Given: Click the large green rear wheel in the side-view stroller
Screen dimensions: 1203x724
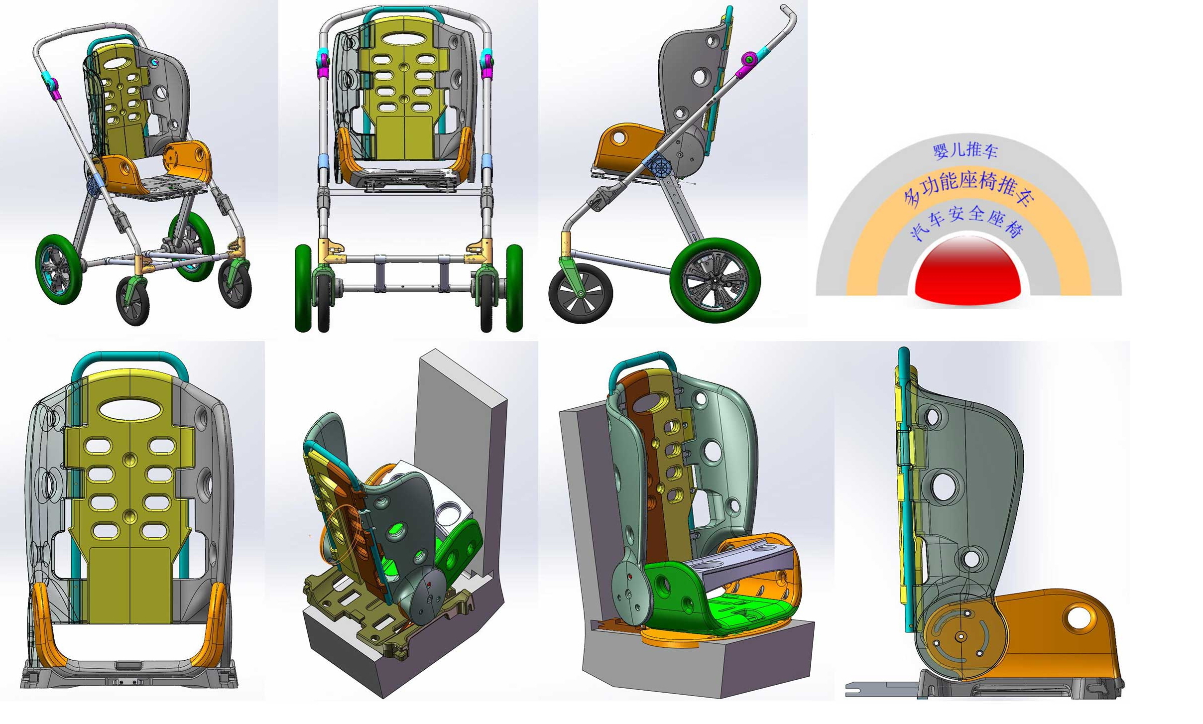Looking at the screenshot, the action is (x=715, y=280).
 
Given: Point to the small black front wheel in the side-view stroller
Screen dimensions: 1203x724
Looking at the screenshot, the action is (x=581, y=293).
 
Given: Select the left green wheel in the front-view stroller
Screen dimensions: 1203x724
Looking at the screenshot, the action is (x=303, y=288).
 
